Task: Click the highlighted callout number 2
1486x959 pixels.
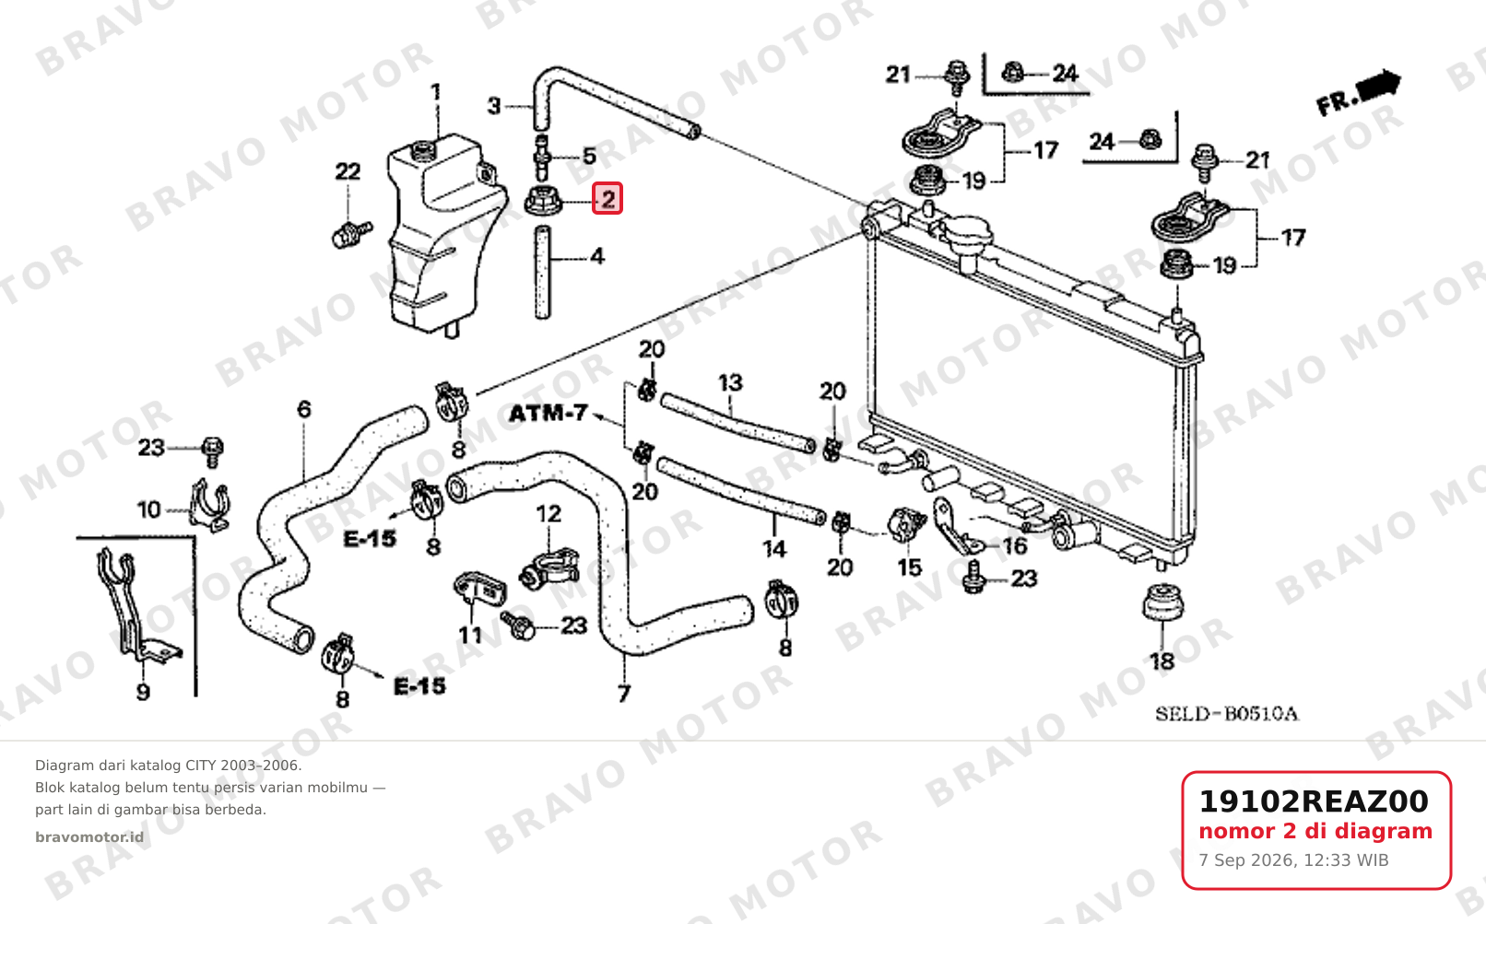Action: [607, 198]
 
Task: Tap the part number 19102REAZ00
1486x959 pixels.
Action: [1314, 801]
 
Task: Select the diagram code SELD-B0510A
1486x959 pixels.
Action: [1227, 714]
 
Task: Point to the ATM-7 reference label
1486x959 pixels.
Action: [548, 414]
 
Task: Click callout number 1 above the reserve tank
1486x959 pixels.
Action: [436, 92]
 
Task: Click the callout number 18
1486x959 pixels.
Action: [1162, 661]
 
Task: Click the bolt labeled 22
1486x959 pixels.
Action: [349, 233]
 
